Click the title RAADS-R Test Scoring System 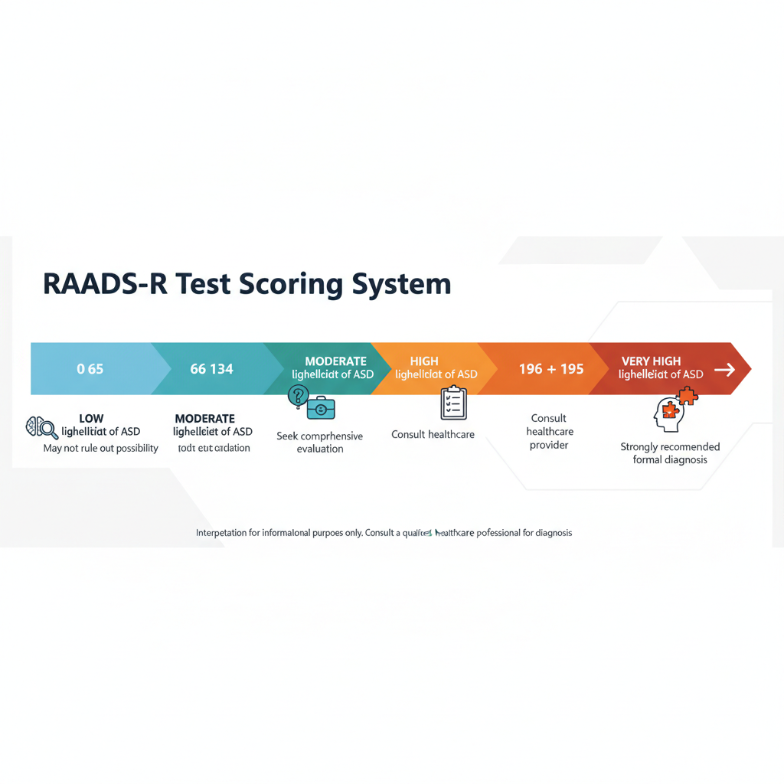coord(247,284)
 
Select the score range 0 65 coord(90,369)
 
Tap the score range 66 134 coord(211,369)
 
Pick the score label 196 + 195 coord(550,369)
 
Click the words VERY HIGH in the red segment coord(651,361)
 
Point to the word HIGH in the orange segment coord(424,361)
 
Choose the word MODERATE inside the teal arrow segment coord(335,361)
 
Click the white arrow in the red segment coord(724,370)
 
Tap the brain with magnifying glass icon coord(42,426)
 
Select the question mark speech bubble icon coord(298,397)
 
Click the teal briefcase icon coord(321,409)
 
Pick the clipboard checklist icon coord(453,403)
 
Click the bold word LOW coord(91,419)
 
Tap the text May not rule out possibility coord(100,448)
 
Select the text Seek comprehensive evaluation coord(319,442)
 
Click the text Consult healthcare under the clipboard coord(433,435)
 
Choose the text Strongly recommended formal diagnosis coord(670,453)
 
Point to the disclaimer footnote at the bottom coord(384,532)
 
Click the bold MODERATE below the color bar coord(204,419)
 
